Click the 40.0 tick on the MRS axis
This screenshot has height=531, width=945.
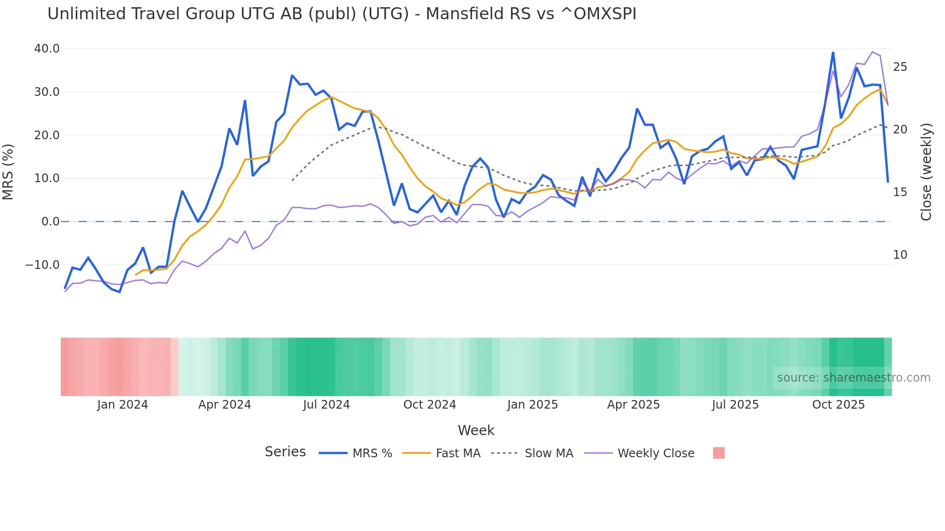[47, 49]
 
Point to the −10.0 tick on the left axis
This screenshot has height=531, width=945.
[42, 265]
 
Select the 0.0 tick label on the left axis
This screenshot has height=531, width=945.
[50, 222]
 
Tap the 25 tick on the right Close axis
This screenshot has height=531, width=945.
[900, 67]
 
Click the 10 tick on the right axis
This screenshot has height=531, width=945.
[900, 255]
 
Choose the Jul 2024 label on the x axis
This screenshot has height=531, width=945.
[326, 405]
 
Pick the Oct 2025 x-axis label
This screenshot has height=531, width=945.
[838, 405]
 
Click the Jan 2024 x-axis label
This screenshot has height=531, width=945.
[122, 405]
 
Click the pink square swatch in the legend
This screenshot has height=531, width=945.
[718, 453]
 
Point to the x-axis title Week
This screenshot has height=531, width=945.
[476, 430]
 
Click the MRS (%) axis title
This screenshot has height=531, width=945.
[8, 172]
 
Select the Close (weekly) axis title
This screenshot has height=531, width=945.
[926, 172]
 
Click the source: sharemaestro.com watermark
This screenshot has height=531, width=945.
[853, 378]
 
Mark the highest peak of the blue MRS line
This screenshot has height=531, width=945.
[833, 53]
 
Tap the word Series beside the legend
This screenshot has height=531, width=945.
[285, 452]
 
